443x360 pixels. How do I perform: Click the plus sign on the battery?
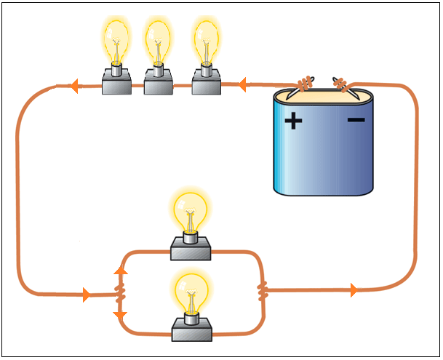292,120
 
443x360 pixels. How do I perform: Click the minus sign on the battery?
356,119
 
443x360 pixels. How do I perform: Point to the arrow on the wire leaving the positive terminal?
242,85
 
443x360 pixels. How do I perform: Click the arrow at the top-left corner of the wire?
74,87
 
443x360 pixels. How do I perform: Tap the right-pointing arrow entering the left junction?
87,295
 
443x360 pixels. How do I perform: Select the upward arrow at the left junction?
120,271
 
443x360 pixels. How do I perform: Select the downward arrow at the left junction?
120,317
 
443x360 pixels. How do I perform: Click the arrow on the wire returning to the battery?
354,291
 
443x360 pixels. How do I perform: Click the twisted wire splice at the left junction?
121,295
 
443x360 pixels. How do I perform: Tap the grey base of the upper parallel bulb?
191,251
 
